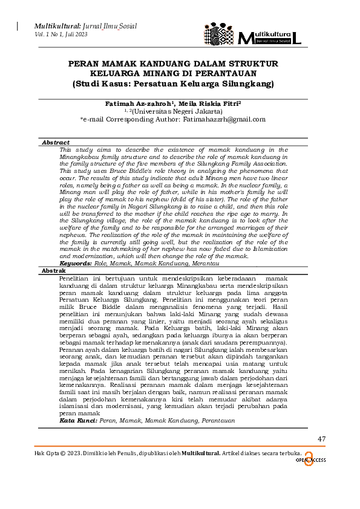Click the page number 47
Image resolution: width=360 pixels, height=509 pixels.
coord(321,438)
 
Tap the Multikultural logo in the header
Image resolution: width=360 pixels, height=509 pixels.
coord(252,35)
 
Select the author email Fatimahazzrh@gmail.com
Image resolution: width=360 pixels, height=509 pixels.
coord(225,119)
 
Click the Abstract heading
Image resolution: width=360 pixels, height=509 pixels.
coord(56,143)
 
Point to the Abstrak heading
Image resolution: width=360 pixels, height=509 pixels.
coord(53,271)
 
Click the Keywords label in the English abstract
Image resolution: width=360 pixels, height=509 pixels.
coord(75,264)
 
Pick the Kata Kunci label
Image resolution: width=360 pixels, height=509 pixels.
coord(78,420)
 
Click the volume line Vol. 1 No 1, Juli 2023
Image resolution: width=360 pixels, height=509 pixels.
coord(61,34)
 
